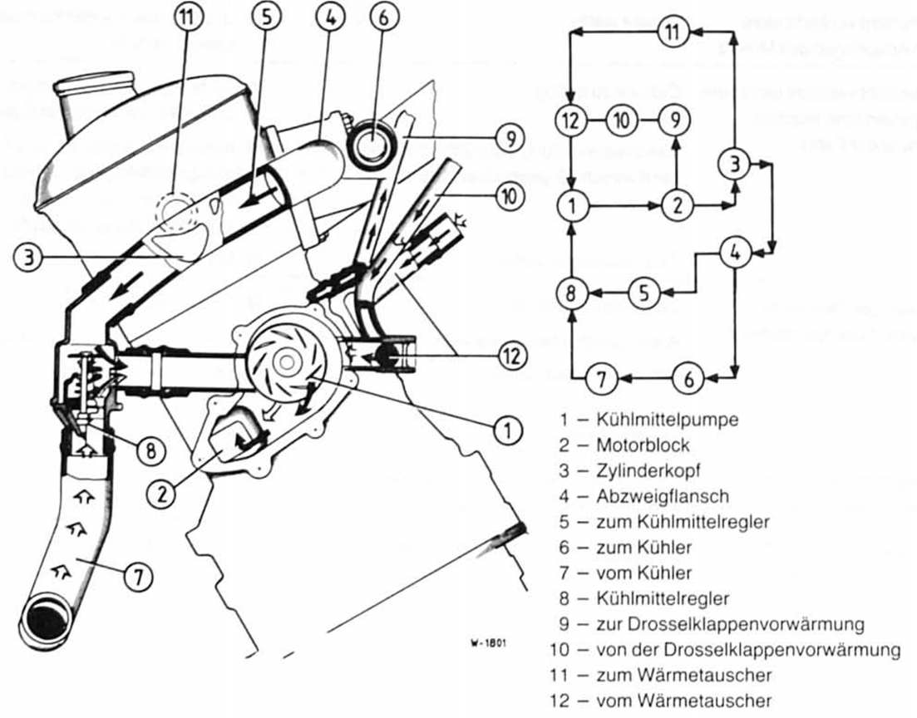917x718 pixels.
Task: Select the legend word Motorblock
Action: (x=643, y=445)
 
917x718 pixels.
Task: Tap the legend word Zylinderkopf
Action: (x=648, y=471)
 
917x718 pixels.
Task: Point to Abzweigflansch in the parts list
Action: (x=662, y=496)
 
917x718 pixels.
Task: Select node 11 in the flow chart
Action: (x=673, y=32)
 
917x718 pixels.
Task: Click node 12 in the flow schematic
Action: (x=570, y=120)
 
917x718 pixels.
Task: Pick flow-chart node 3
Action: (x=734, y=164)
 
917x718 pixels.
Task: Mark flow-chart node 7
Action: (x=599, y=380)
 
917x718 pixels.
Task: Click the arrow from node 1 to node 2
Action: (x=624, y=204)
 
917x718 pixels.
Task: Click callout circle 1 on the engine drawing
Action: (x=507, y=430)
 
